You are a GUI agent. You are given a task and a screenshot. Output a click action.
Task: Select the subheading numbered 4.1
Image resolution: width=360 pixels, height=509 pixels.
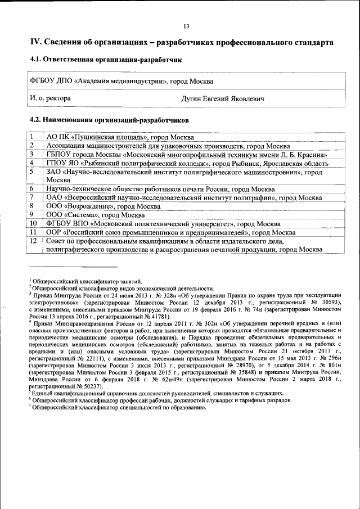[105, 59]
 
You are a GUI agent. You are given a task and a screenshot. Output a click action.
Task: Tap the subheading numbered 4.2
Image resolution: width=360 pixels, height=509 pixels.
[109, 120]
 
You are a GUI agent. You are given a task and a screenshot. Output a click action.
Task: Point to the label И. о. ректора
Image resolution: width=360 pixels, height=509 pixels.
[50, 98]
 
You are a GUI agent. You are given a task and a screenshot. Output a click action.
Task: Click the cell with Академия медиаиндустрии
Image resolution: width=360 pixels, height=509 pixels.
[121, 81]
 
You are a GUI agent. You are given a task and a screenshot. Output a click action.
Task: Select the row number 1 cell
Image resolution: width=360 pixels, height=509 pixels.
[33, 137]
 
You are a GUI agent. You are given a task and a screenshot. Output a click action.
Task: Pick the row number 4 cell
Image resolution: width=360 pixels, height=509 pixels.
[33, 163]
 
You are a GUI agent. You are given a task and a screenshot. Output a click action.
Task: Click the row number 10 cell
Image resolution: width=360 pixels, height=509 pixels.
[34, 223]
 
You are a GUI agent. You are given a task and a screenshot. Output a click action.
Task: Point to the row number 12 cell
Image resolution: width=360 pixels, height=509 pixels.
[34, 241]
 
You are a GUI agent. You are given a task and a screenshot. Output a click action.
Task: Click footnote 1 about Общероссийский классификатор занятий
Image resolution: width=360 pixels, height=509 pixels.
[85, 281]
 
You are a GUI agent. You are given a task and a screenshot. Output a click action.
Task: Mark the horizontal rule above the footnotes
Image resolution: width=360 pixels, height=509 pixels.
[73, 267]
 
